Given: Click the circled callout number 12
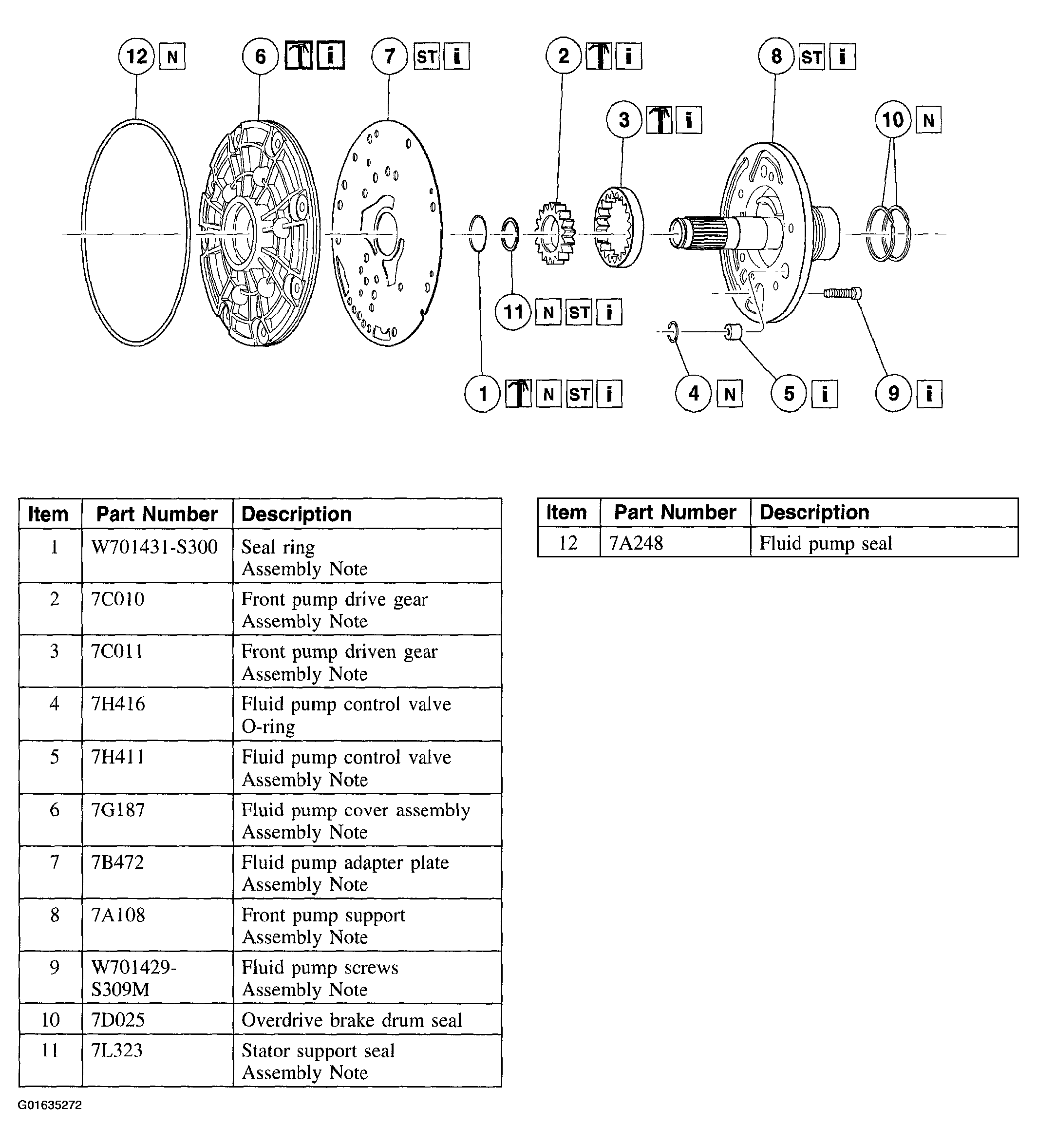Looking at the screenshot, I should pos(136,57).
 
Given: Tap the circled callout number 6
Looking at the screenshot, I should pos(260,57).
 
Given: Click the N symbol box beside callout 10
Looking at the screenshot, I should pos(928,120).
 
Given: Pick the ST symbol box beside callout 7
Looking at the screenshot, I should pos(427,57).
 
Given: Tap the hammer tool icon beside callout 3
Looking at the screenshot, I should pos(659,120).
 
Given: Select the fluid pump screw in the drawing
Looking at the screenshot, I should pos(842,293).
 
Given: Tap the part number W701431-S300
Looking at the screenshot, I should pos(154,547).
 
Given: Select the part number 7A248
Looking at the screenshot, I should pos(636,543).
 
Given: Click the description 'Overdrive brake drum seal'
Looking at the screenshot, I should pos(352,1020).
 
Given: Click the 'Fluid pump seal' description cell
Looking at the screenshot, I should pos(825,543).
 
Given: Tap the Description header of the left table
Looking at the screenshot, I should pos(296,514).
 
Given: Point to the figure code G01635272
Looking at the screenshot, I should pos(50,1105).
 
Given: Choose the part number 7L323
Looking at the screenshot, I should pos(116,1050).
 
